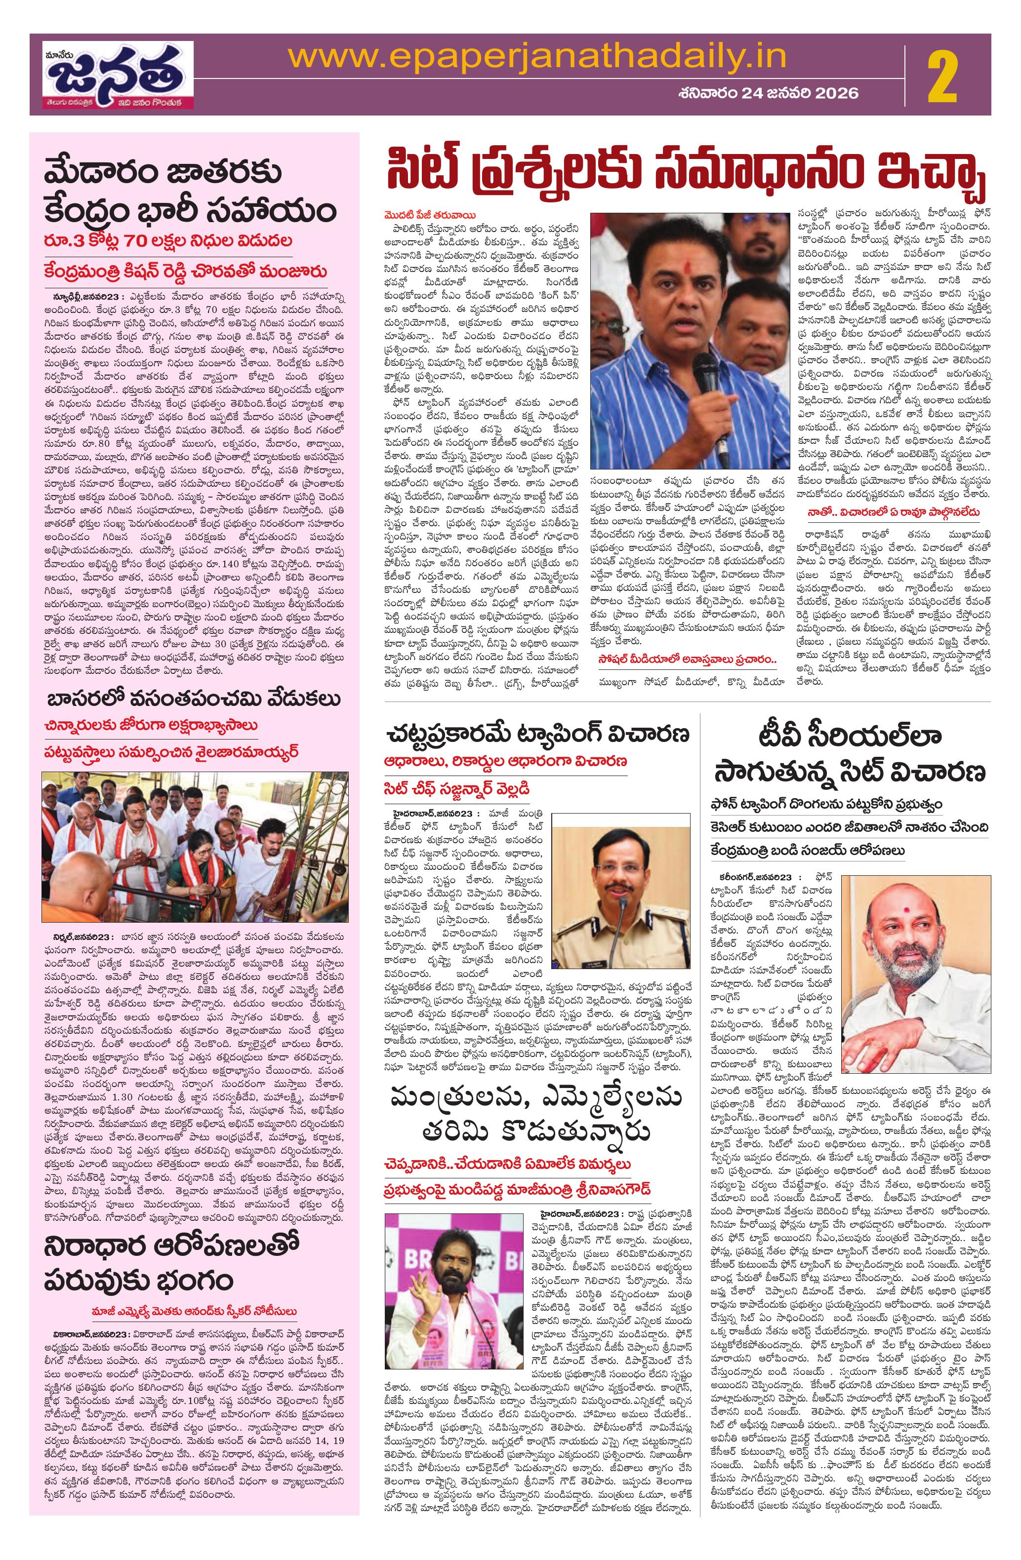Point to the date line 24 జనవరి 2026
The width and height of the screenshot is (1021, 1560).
768,93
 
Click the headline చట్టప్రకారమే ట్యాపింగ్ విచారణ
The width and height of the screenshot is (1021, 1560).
536,733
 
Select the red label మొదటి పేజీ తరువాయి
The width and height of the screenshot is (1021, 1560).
430,214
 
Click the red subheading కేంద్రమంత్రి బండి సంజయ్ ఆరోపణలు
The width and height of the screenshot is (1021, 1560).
807,850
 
